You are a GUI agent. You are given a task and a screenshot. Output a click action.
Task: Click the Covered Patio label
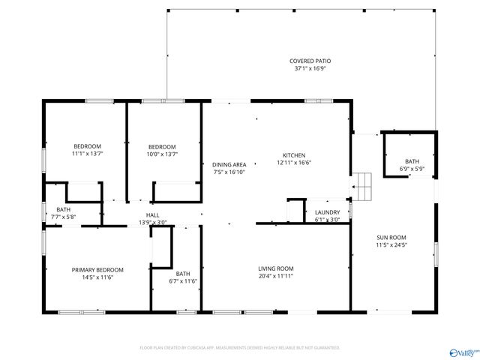point(310,61)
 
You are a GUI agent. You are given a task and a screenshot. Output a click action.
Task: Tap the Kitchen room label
point(294,154)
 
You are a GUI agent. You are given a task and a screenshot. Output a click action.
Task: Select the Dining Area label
point(229,164)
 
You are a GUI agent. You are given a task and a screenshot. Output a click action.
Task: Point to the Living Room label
point(276,268)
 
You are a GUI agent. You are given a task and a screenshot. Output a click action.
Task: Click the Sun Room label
point(391,238)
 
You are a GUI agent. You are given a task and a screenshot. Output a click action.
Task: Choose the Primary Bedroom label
point(97,269)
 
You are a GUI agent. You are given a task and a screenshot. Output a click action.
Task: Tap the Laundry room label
point(327,212)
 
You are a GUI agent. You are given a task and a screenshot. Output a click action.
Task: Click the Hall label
point(152,215)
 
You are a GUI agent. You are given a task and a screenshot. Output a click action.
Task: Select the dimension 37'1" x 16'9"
point(310,68)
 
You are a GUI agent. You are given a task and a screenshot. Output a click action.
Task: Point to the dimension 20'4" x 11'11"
point(276,276)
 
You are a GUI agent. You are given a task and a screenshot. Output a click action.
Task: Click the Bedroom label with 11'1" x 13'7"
point(87,146)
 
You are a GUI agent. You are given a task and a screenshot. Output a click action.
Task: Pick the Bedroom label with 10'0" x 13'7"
point(162,146)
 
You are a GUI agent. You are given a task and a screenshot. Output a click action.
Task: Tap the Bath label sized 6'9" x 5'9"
point(412,161)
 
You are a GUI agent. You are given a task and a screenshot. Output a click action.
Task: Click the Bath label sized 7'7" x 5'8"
point(63,209)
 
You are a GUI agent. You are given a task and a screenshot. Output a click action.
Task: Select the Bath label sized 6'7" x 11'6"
point(183,274)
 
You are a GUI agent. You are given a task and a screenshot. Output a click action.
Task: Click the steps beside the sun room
point(362,184)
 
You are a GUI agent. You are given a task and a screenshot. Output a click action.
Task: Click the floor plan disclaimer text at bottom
point(240,348)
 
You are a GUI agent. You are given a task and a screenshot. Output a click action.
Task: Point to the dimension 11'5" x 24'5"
point(391,245)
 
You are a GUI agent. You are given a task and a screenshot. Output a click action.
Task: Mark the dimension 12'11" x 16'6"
point(294,162)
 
